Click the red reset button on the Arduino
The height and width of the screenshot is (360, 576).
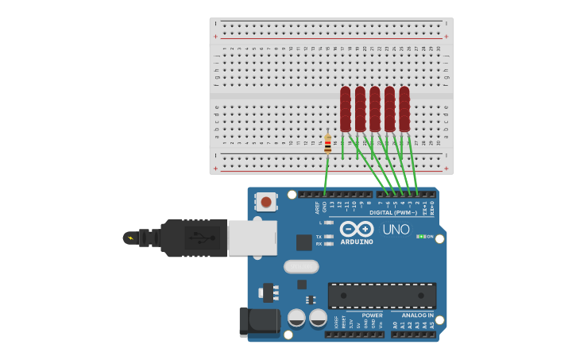click(266, 203)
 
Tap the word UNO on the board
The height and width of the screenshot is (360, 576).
click(396, 230)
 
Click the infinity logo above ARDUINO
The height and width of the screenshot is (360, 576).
click(357, 229)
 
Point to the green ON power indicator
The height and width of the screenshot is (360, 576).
click(422, 236)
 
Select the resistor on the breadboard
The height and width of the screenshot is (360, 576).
click(327, 144)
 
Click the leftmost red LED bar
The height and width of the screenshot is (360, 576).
click(345, 109)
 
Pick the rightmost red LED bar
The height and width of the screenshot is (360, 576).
click(404, 109)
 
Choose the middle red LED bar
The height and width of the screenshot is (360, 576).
click(375, 109)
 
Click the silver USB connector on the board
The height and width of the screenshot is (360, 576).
click(252, 238)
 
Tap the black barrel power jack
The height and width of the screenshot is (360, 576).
click(259, 321)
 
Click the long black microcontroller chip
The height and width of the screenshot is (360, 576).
click(381, 296)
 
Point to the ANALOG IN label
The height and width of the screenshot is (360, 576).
click(418, 315)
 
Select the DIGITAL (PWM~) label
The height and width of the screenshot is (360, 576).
click(392, 212)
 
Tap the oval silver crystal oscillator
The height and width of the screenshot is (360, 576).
click(301, 267)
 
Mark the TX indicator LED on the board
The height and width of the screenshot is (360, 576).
click(328, 237)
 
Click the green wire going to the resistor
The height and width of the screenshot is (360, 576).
click(326, 175)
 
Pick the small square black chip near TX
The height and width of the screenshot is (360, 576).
click(303, 242)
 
